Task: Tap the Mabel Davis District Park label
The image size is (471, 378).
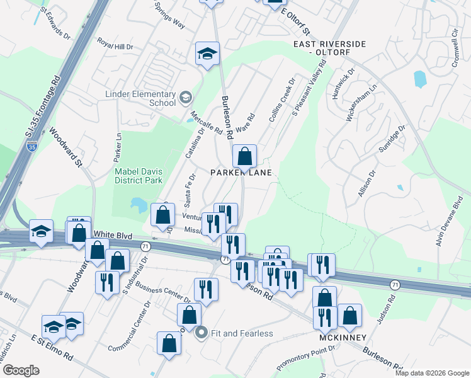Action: (137, 175)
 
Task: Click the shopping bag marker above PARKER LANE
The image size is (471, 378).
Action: (244, 156)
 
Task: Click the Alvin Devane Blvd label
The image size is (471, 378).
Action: (450, 220)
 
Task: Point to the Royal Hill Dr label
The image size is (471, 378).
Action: (115, 46)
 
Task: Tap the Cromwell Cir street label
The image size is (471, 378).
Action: (454, 42)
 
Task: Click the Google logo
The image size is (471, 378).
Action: (20, 370)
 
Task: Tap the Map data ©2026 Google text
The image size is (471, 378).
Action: (431, 373)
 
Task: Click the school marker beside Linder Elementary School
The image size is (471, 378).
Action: (185, 97)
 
